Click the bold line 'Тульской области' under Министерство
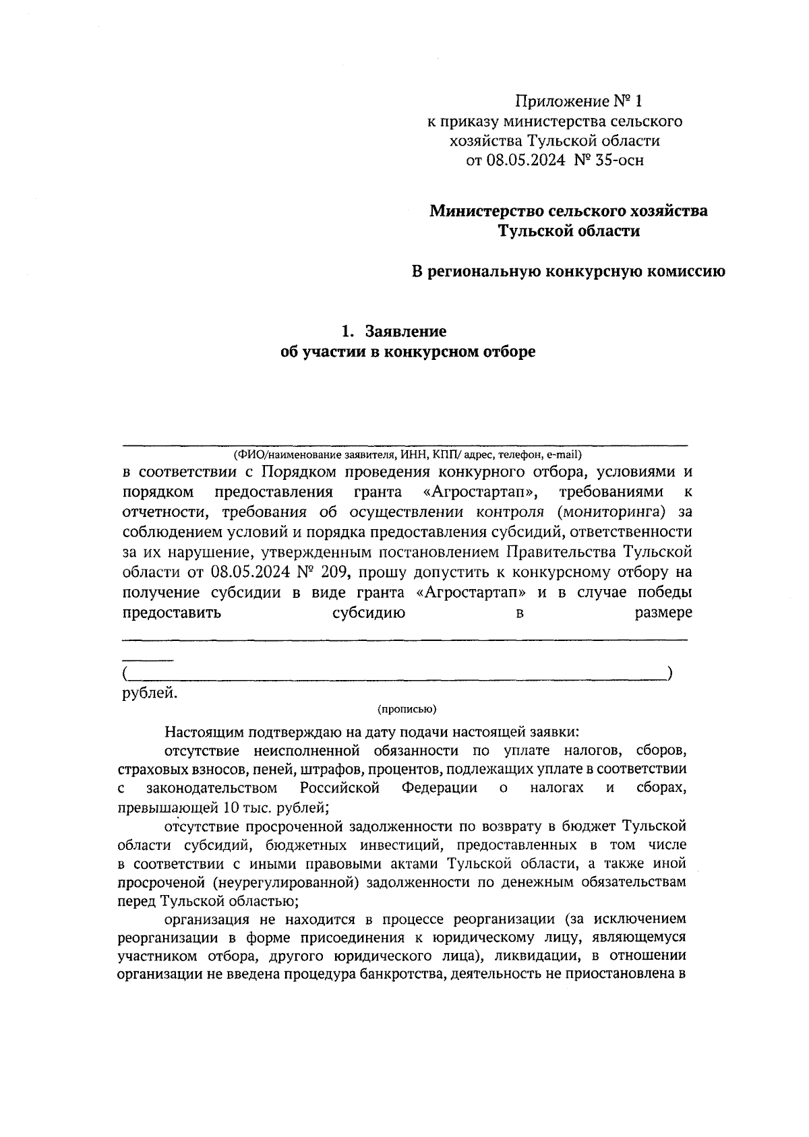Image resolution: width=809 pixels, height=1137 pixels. pyautogui.click(x=569, y=231)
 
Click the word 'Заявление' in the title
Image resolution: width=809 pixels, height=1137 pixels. pyautogui.click(x=406, y=332)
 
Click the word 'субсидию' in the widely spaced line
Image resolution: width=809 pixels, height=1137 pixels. pyautogui.click(x=369, y=613)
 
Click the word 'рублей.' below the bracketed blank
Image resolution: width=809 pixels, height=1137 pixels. pyautogui.click(x=150, y=692)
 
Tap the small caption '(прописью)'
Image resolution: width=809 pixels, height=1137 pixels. pyautogui.click(x=407, y=708)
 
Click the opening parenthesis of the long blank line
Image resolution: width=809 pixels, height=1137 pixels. pyautogui.click(x=125, y=673)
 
